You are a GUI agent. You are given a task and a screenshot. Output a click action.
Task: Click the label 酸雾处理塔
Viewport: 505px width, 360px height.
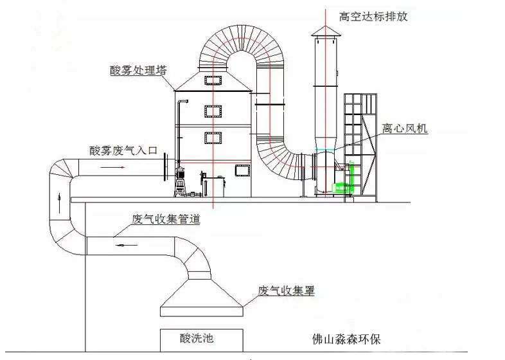pos(139,69)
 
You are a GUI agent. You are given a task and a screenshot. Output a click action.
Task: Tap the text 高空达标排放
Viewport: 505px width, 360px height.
pos(373,17)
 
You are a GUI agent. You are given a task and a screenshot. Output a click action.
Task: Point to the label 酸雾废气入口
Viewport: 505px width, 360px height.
pos(123,150)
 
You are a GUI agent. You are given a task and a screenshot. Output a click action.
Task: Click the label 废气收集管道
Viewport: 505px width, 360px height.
pos(166,219)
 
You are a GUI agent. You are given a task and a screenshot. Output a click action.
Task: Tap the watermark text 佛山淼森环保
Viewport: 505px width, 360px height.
pos(350,339)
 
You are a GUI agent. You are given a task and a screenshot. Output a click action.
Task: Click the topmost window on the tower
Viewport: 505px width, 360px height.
pos(213,80)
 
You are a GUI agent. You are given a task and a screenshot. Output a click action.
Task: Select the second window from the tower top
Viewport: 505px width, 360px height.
pos(213,111)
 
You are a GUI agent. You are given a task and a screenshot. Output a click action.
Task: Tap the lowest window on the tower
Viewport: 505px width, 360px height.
pos(242,170)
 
